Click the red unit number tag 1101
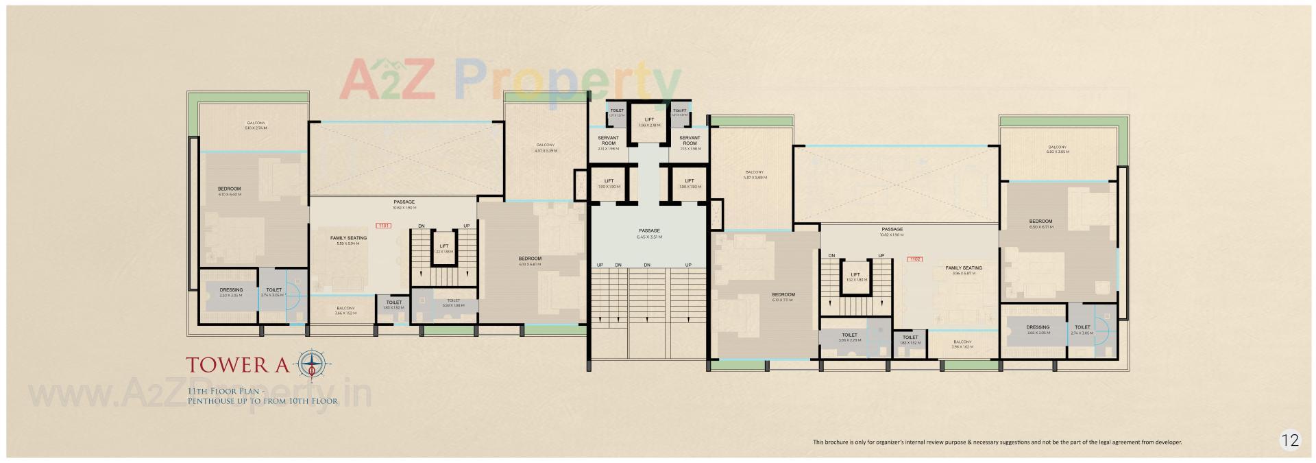click(x=382, y=225)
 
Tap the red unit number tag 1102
click(x=914, y=259)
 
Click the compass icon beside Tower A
click(x=314, y=363)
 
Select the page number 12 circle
click(x=1290, y=440)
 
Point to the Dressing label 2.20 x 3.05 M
click(x=231, y=292)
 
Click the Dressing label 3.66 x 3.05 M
click(x=1038, y=330)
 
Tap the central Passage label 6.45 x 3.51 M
click(x=649, y=233)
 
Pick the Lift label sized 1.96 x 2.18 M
click(x=649, y=122)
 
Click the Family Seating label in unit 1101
click(x=348, y=240)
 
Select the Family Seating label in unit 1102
click(x=963, y=270)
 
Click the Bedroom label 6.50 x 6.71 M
click(x=1040, y=224)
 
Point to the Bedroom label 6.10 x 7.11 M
click(x=783, y=296)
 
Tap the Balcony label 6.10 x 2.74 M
click(x=256, y=125)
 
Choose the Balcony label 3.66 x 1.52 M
click(x=345, y=311)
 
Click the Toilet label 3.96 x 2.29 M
click(x=849, y=337)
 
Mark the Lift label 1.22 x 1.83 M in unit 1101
click(x=443, y=248)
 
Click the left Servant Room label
click(x=608, y=141)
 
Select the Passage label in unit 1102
click(x=892, y=232)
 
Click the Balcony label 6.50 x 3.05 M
click(x=1056, y=149)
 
